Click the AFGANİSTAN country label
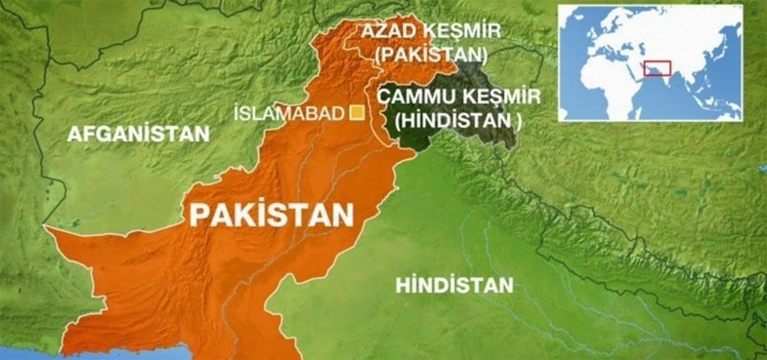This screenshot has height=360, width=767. click(x=138, y=134)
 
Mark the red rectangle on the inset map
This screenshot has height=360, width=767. click(x=656, y=68)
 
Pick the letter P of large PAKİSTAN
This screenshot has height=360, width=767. click(x=199, y=215)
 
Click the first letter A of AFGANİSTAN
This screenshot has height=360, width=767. click(x=73, y=134)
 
